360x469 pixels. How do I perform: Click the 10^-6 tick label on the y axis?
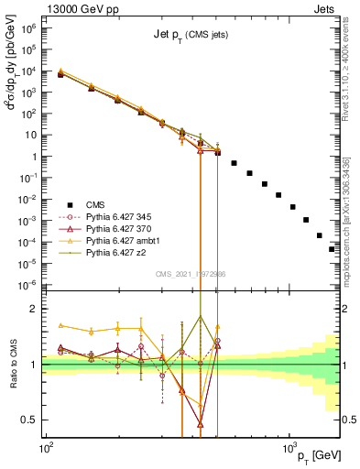tap(31, 283)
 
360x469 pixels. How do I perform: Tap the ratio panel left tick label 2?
tap(37, 309)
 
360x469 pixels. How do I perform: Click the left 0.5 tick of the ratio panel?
tap(32, 420)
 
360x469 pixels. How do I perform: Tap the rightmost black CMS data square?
tap(333, 248)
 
